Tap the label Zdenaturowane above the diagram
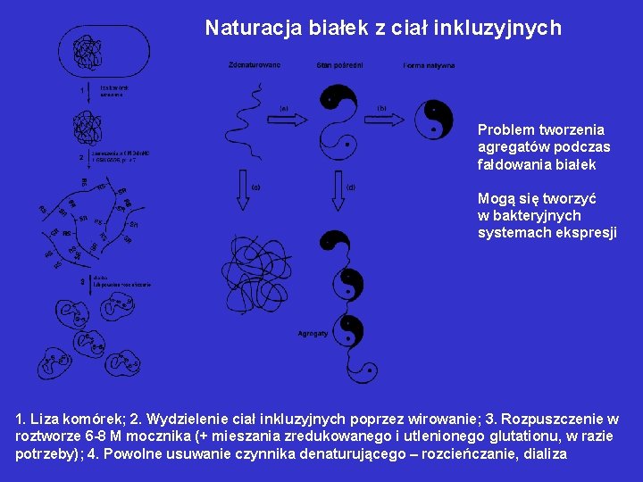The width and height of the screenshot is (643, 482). (x=255, y=65)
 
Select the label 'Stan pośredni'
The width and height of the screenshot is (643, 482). (x=338, y=65)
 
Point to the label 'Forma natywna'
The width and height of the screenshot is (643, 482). (x=429, y=65)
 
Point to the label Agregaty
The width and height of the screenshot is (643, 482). (x=313, y=333)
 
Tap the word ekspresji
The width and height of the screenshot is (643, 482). (x=588, y=232)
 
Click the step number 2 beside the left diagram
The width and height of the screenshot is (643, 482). (x=81, y=157)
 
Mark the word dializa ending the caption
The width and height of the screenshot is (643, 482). (x=544, y=453)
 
